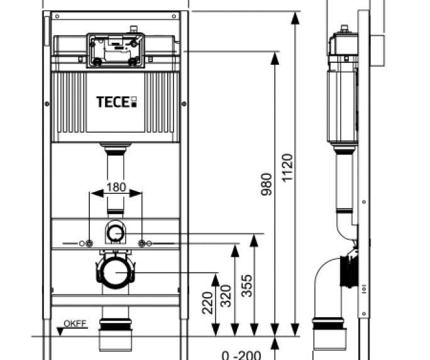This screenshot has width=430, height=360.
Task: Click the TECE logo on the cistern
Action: pyautogui.click(x=116, y=101)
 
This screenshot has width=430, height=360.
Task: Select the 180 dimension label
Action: pyautogui.click(x=116, y=187)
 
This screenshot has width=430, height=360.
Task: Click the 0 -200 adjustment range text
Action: pyautogui.click(x=242, y=354)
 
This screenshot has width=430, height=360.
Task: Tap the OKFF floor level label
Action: pyautogui.click(x=75, y=324)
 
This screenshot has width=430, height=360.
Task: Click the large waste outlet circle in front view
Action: pyautogui.click(x=116, y=272)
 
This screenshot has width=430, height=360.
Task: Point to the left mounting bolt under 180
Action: pyautogui.click(x=90, y=244)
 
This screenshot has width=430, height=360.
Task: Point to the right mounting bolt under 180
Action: pyautogui.click(x=142, y=244)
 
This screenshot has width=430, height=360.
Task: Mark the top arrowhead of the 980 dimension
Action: pyautogui.click(x=275, y=57)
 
